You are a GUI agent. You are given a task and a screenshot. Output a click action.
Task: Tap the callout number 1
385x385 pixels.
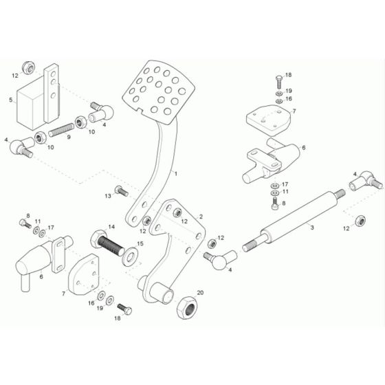[175, 174]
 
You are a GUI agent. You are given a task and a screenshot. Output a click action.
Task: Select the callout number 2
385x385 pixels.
[201, 217]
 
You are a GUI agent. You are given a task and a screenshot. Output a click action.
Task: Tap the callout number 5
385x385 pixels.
[10, 100]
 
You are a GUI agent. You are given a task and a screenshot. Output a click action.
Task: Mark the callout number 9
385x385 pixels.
[68, 137]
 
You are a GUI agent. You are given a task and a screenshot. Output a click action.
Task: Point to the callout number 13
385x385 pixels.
[107, 196]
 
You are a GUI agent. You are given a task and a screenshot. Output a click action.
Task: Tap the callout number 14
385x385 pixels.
[111, 226]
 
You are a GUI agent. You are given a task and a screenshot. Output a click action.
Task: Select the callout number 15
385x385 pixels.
[140, 243]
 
